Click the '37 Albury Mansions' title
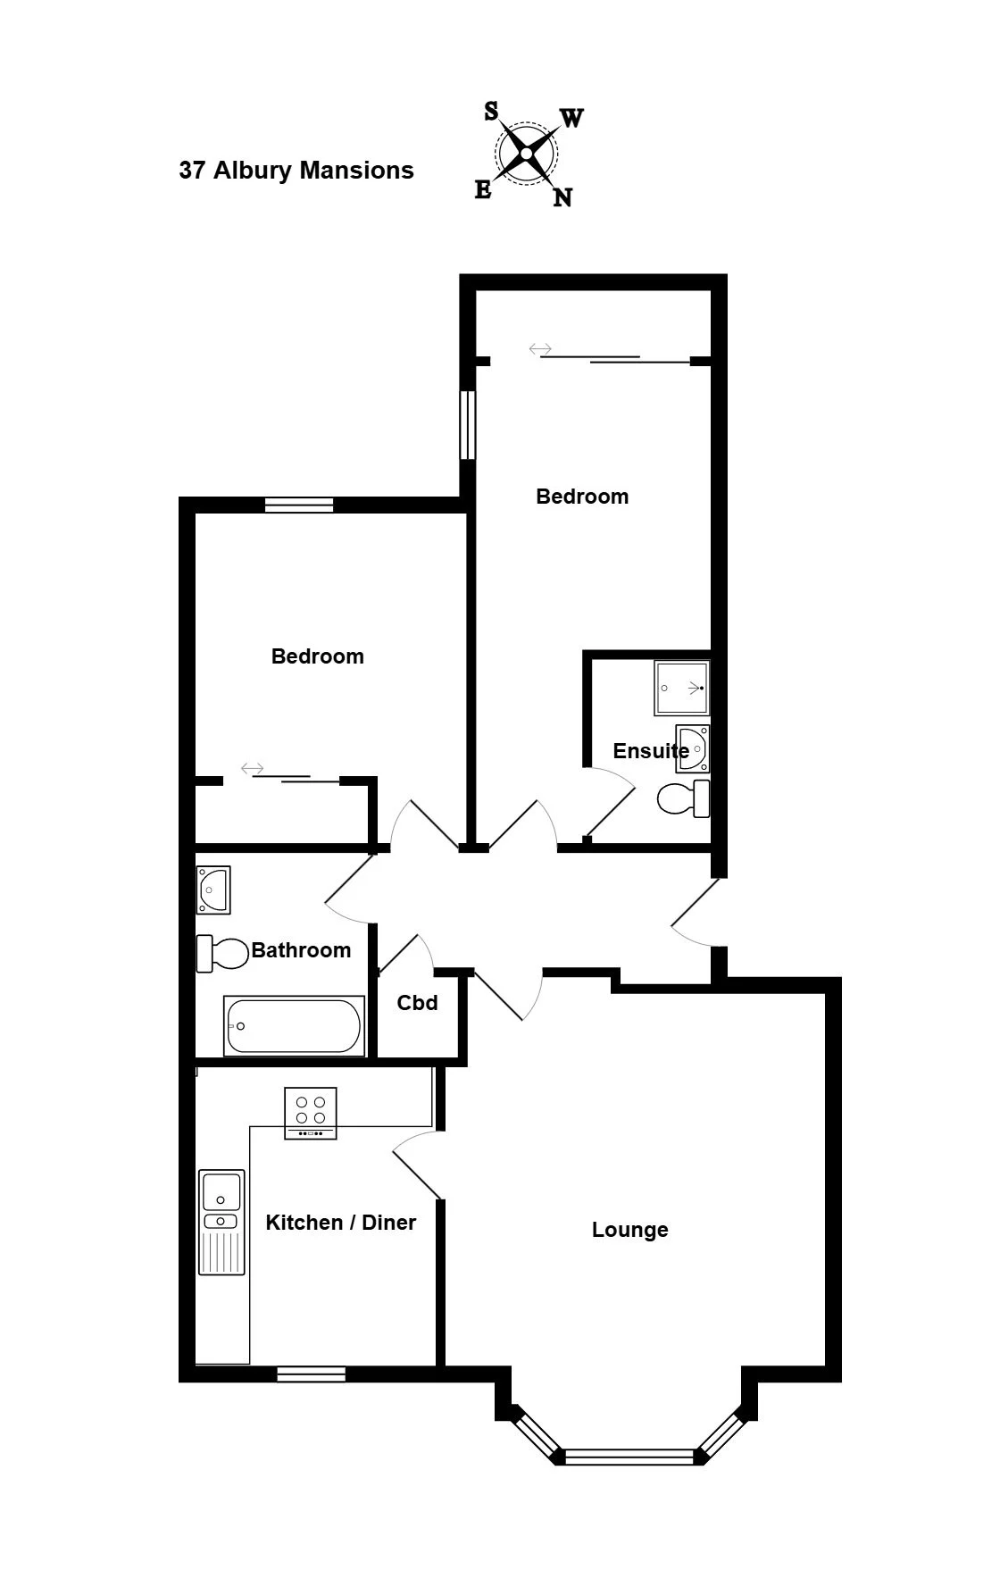(x=296, y=171)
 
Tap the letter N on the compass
(x=562, y=197)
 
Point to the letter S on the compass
(x=491, y=111)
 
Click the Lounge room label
(x=629, y=1230)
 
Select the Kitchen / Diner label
(x=341, y=1223)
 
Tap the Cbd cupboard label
(x=417, y=1003)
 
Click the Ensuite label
(x=651, y=751)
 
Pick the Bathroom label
(x=301, y=950)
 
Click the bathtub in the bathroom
(x=294, y=1026)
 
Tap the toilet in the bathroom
(x=221, y=954)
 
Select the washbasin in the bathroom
(x=213, y=890)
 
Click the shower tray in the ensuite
(x=682, y=689)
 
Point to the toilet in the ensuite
(x=683, y=798)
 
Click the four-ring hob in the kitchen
(x=311, y=1113)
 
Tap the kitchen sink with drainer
(x=221, y=1222)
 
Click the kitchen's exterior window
(x=311, y=1374)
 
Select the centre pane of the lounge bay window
(x=629, y=1457)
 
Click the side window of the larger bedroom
(x=467, y=425)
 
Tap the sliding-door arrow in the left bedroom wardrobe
(x=253, y=768)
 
